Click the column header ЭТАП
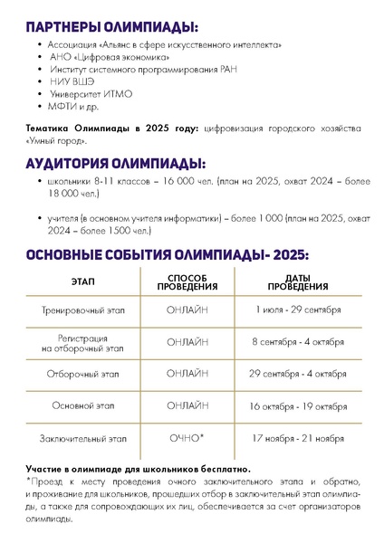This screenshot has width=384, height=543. [x=83, y=281]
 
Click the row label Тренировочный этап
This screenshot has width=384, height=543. [x=83, y=310]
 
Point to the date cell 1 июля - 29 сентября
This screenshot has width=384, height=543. [x=298, y=310]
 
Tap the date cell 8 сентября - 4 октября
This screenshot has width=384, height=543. [x=298, y=341]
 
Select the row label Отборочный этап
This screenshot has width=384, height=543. [x=83, y=374]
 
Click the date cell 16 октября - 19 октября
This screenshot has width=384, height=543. [x=298, y=406]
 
